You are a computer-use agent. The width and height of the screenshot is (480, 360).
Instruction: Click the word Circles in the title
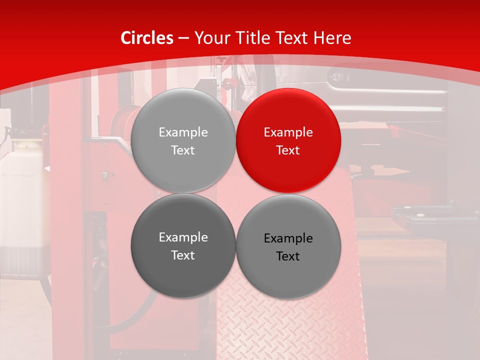tap(146, 38)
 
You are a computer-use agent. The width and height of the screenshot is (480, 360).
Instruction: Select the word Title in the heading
tap(255, 38)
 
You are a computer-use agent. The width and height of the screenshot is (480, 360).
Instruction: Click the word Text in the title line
tap(294, 38)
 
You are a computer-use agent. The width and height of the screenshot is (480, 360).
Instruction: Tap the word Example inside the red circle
tap(288, 132)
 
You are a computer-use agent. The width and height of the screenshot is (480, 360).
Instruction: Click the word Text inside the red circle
tap(288, 150)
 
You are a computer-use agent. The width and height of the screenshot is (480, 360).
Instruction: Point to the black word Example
tap(288, 238)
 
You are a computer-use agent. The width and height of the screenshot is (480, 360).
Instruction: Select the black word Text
tap(288, 256)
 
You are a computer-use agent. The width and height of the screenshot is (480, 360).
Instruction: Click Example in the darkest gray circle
tap(183, 237)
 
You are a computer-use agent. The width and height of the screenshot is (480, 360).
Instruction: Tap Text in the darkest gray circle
tap(183, 255)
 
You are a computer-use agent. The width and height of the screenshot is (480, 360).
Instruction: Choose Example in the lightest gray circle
tap(183, 132)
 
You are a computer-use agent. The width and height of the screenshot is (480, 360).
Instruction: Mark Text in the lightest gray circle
tap(183, 150)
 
